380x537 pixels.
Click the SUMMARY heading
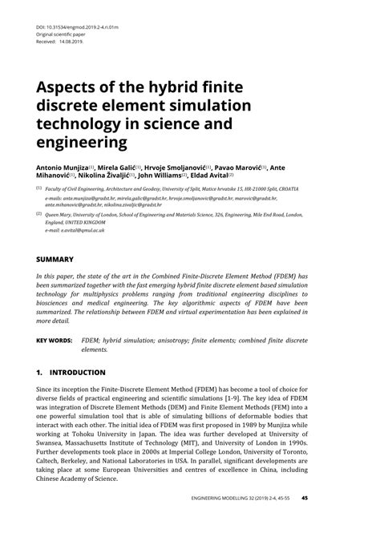[55, 260]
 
